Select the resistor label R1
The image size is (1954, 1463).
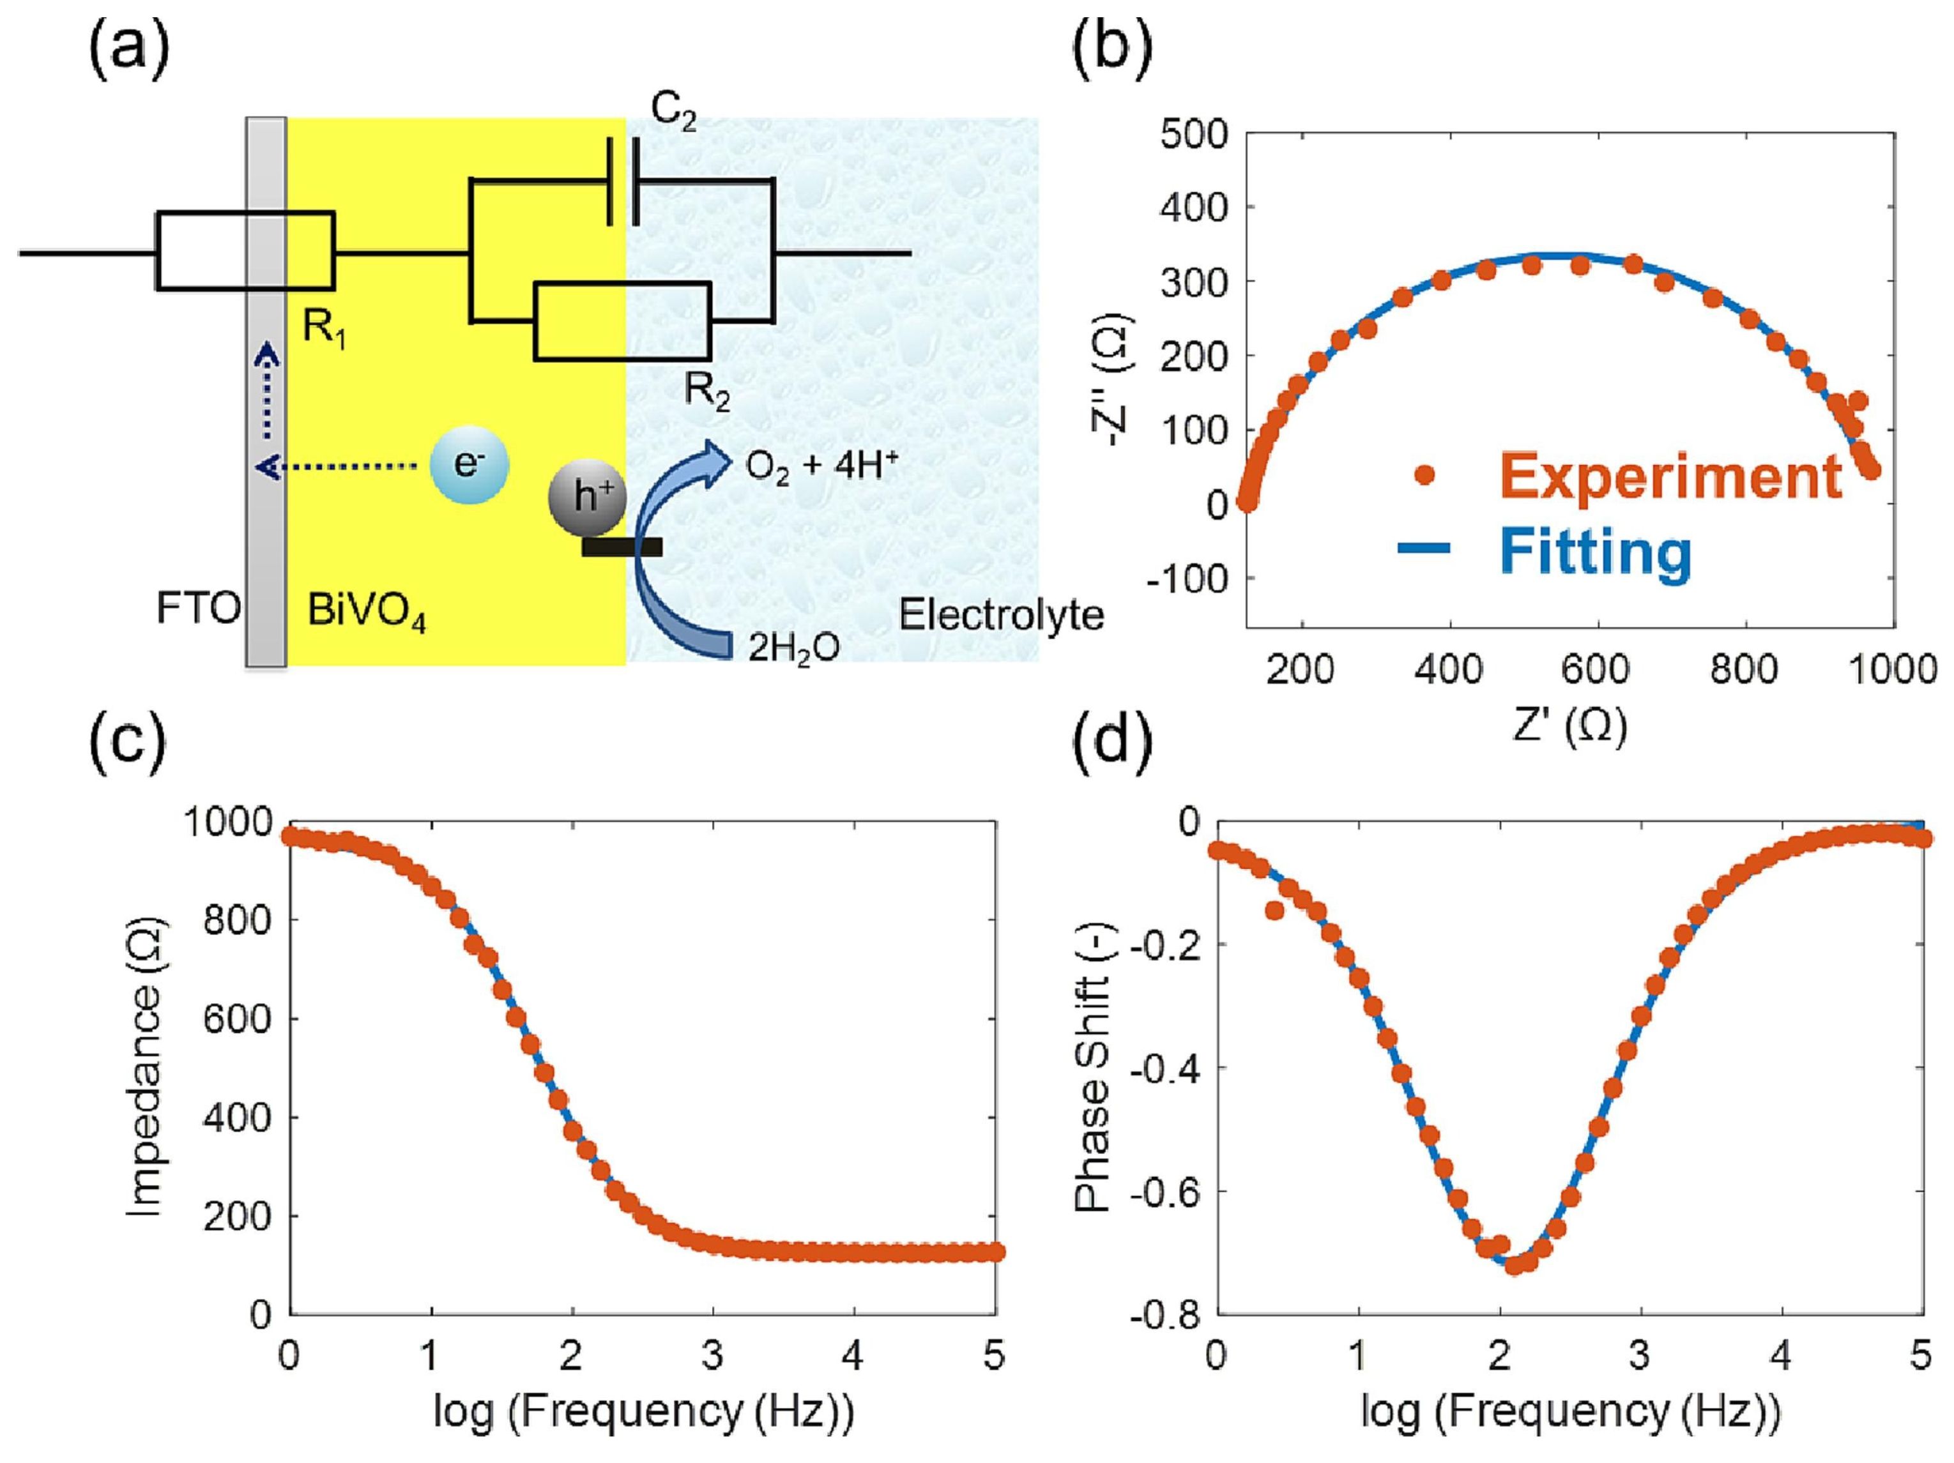[x=324, y=328]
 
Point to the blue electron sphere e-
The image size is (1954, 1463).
[x=469, y=466]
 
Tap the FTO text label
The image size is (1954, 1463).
[x=198, y=609]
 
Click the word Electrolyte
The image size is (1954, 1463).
[x=1001, y=616]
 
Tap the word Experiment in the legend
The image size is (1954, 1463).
[x=1670, y=477]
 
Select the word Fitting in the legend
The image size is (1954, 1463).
[x=1596, y=552]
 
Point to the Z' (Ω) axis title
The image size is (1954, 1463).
[x=1569, y=730]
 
